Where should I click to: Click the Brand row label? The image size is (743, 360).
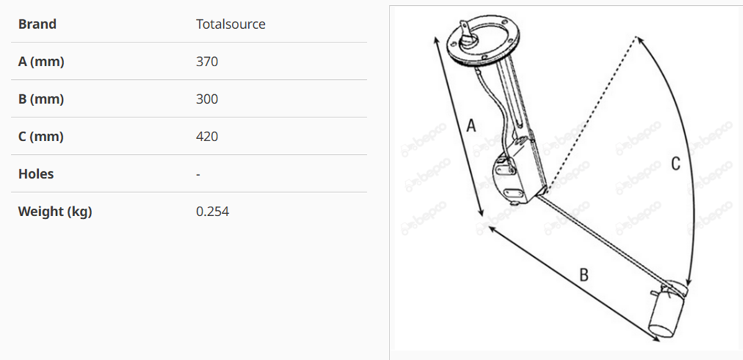[x=37, y=24]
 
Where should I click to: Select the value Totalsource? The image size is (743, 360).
[x=231, y=24]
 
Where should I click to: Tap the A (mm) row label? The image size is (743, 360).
[x=41, y=62]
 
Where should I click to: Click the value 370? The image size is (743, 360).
[x=207, y=62]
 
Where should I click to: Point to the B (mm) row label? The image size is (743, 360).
[x=41, y=99]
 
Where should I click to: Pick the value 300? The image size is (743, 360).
[x=207, y=99]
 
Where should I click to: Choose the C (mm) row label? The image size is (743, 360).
[x=41, y=136]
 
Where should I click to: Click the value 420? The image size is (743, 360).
[x=207, y=136]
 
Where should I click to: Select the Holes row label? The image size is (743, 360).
[x=36, y=174]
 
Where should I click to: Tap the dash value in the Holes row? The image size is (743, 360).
[x=198, y=175]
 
